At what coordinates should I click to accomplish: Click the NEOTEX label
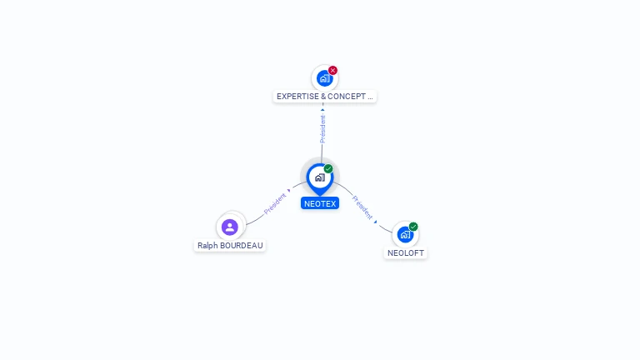[x=320, y=203]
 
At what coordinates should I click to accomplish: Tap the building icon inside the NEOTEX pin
[x=320, y=177]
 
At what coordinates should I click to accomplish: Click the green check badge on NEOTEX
[x=328, y=168]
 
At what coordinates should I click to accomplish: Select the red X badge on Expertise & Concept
[x=332, y=70]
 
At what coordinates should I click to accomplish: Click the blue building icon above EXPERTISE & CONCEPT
[x=324, y=78]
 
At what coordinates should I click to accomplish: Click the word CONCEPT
[x=347, y=97]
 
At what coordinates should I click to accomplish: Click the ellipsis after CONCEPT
[x=370, y=98]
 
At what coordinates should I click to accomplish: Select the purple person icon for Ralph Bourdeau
[x=230, y=227]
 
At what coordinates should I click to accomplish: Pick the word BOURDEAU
[x=241, y=245]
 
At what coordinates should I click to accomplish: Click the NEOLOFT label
[x=405, y=252]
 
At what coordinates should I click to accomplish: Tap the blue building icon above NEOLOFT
[x=405, y=235]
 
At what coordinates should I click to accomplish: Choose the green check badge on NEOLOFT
[x=413, y=227]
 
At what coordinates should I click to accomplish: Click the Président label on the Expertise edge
[x=322, y=129]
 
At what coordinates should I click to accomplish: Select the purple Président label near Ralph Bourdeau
[x=275, y=203]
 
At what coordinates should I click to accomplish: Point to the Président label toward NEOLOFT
[x=362, y=207]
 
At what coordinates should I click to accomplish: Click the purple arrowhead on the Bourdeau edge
[x=289, y=191]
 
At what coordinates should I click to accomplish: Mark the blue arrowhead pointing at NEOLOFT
[x=376, y=222]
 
